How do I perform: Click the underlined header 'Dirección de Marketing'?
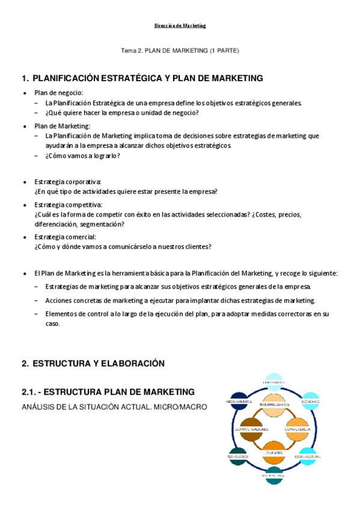pos(180,26)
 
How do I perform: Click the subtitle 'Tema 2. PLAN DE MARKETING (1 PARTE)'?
pos(180,51)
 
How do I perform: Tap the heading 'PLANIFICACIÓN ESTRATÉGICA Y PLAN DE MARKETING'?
pos(148,78)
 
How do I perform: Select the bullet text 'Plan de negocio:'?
pos(58,93)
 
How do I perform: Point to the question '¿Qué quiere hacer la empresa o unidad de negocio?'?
pos(122,112)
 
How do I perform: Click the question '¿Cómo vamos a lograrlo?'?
pos(82,156)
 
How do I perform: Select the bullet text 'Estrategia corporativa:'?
pos(68,182)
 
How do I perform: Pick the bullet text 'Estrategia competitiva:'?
pos(69,205)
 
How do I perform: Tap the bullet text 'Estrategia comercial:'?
pos(66,237)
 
